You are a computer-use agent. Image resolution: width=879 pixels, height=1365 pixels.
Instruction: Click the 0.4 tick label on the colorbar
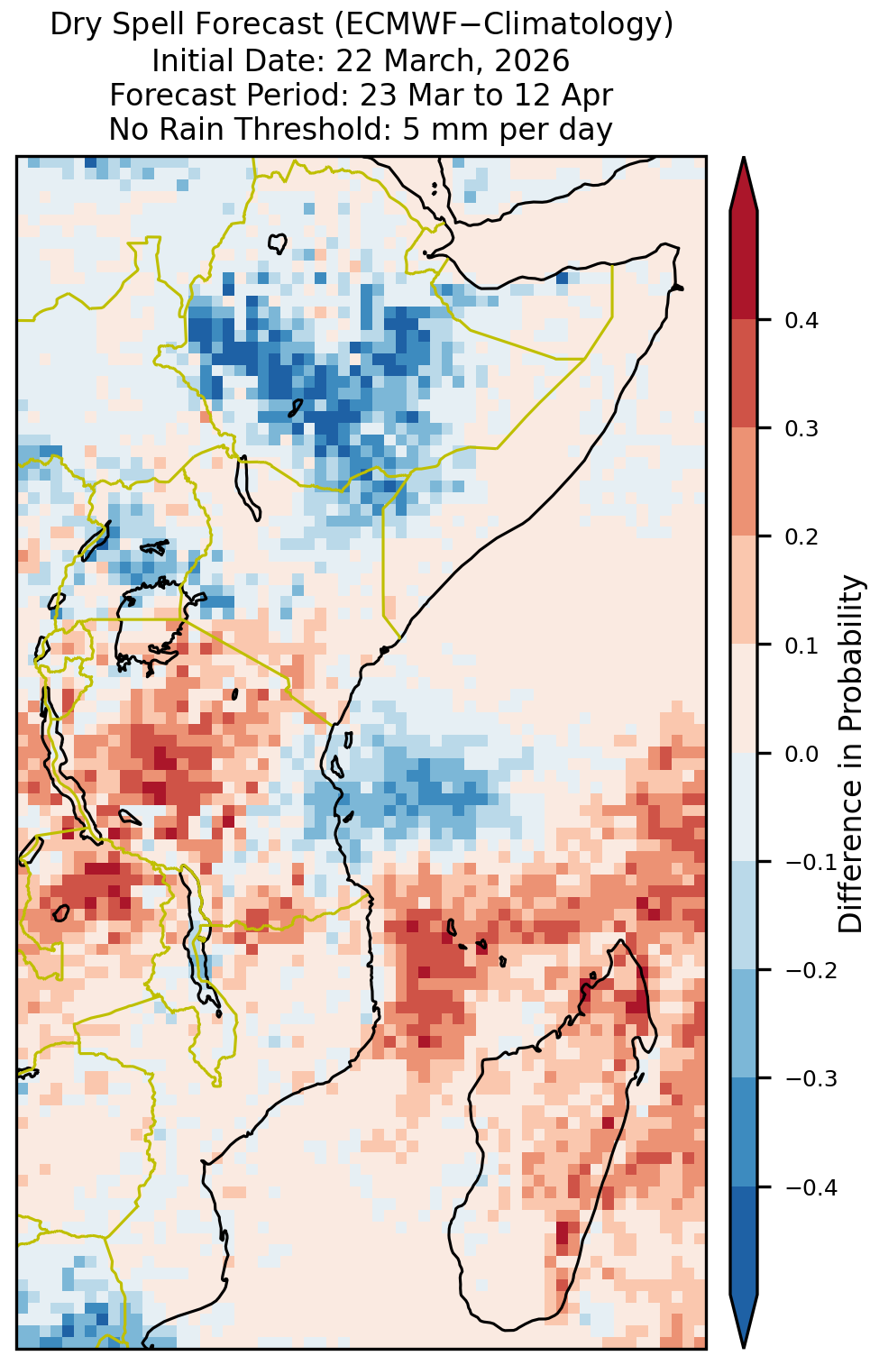[801, 321]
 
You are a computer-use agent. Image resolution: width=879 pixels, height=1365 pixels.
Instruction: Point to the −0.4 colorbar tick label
[811, 1187]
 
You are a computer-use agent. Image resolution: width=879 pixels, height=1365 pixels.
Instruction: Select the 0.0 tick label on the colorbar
[801, 755]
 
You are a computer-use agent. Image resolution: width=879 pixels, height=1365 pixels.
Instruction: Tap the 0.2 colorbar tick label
[801, 537]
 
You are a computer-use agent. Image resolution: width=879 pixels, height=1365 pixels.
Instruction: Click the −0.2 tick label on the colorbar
[811, 971]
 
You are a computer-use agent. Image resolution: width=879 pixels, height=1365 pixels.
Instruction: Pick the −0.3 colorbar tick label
[811, 1079]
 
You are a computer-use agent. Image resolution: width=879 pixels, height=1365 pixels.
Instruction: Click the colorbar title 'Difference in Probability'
[851, 754]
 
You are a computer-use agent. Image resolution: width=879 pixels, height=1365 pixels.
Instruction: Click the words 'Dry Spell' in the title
[119, 25]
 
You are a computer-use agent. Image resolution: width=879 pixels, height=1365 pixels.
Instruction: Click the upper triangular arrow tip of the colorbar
[744, 160]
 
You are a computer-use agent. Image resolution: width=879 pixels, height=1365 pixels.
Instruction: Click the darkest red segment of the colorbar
[744, 265]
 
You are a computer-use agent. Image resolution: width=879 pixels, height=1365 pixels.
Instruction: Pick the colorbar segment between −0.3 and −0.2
[744, 1024]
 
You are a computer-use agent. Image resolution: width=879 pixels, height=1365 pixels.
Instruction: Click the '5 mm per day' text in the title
[507, 129]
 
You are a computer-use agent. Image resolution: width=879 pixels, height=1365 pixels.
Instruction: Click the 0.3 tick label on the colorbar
[801, 429]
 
